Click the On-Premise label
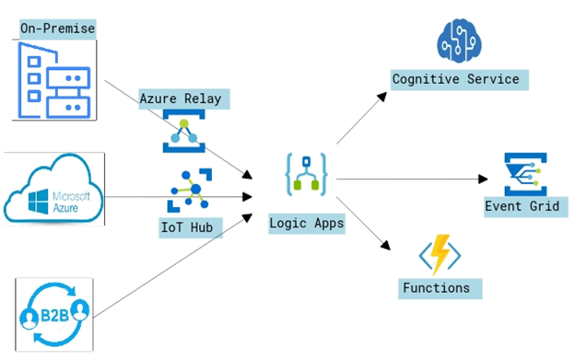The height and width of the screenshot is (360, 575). [57, 29]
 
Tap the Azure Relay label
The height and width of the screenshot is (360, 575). [182, 98]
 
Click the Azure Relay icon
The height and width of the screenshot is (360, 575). [182, 130]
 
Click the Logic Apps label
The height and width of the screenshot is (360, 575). [307, 223]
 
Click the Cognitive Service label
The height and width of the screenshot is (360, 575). [456, 79]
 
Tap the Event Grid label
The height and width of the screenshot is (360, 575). [522, 205]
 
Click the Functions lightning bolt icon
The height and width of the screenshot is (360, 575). [440, 254]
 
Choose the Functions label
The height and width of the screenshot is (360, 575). [436, 288]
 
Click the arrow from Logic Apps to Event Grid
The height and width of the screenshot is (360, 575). [415, 180]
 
